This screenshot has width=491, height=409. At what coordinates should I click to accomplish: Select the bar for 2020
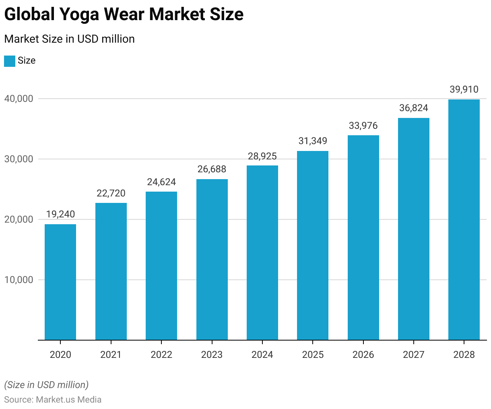60,282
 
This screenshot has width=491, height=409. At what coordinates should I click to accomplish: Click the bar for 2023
212,260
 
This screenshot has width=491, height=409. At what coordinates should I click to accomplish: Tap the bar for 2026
363,238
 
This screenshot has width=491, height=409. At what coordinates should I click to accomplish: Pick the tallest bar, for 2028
464,219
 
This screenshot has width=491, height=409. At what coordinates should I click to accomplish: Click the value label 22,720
111,193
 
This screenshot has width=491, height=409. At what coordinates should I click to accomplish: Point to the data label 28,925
262,156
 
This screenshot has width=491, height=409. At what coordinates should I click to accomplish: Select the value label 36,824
413,108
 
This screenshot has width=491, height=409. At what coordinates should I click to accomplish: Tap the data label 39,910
464,89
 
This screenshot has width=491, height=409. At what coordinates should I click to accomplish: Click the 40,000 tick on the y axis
19,99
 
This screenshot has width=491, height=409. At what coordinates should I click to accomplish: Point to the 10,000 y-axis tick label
19,280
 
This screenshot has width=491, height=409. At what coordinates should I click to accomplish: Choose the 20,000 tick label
19,220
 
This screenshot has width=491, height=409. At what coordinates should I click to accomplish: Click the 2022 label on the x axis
161,355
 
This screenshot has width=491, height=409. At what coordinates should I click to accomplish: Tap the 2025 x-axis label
313,355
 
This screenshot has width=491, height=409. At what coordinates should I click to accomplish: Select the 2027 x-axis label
413,355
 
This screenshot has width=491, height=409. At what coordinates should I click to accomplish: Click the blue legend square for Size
10,61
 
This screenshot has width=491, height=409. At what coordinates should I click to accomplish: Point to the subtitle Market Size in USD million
69,39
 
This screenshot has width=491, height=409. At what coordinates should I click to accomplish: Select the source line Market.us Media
53,400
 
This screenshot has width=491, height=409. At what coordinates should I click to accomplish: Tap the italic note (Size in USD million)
46,385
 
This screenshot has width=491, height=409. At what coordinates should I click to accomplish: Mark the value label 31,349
313,141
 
